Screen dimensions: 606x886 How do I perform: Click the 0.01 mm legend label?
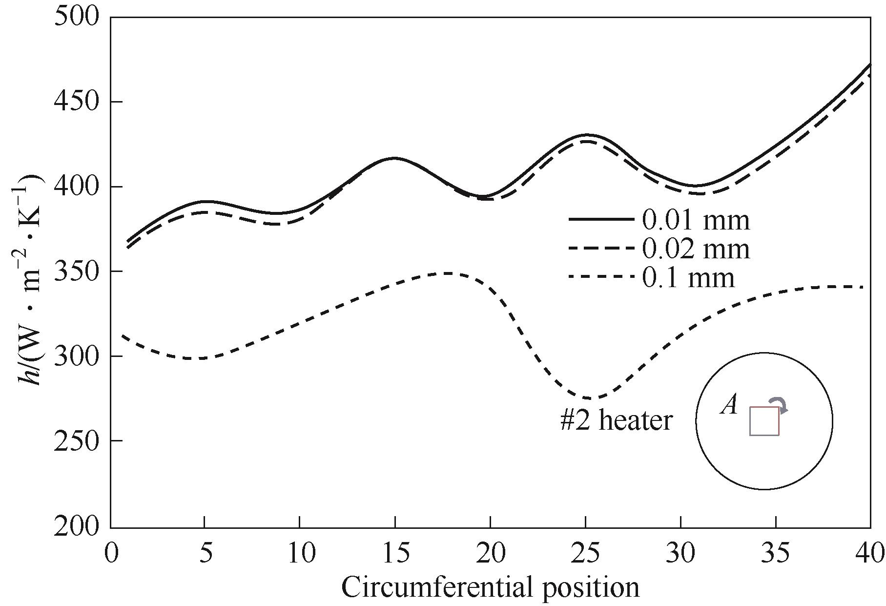pos(695,220)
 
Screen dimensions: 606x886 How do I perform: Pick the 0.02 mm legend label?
pos(695,249)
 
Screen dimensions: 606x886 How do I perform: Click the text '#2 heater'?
pos(617,420)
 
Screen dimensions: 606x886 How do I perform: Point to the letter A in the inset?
pos(729,405)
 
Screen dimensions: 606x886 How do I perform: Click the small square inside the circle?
pos(764,421)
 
